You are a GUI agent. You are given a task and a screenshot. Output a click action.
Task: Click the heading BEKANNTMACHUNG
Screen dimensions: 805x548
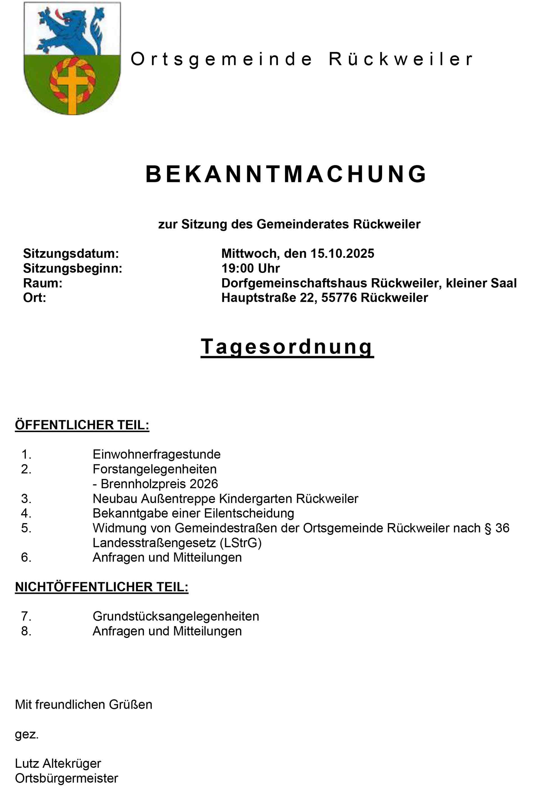tap(286, 174)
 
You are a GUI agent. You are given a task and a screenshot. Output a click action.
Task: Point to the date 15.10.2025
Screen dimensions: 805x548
tap(342, 254)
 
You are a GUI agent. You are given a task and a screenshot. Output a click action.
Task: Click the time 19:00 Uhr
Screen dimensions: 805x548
tap(250, 268)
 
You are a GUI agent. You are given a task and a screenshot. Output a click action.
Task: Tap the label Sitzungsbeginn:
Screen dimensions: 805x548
tap(73, 268)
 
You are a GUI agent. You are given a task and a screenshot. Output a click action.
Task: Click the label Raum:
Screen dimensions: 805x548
tap(43, 283)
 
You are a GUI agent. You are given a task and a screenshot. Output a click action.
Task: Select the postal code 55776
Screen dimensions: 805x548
tap(339, 298)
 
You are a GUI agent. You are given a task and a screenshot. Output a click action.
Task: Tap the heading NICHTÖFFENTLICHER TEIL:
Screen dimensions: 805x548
tap(102, 587)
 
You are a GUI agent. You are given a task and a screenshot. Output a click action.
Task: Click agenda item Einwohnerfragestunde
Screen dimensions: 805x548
tap(156, 455)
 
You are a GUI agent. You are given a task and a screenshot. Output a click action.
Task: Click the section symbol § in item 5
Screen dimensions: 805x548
tap(488, 528)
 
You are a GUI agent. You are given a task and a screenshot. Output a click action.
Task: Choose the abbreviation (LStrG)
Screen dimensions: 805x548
tap(241, 543)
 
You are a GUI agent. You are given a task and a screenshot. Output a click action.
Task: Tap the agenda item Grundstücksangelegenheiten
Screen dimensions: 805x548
tap(176, 617)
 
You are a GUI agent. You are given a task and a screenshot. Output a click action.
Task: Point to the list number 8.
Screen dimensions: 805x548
tap(26, 631)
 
